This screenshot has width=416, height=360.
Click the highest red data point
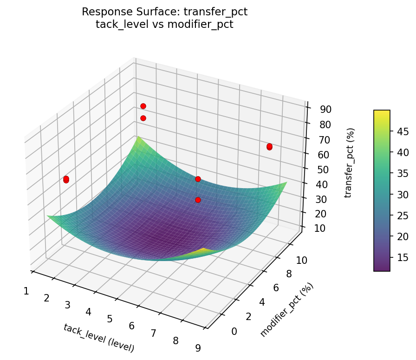[143, 106]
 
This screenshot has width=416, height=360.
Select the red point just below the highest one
[143, 118]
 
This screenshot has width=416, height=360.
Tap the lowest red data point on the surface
[198, 200]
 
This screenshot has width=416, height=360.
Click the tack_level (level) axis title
[98, 338]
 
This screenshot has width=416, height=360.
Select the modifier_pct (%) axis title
[286, 309]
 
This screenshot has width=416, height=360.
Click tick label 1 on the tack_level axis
[26, 291]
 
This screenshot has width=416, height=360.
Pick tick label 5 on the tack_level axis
[110, 319]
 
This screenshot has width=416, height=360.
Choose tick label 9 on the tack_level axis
[198, 348]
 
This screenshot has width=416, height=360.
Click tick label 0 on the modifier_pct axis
[234, 331]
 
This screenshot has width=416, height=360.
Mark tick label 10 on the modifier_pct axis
[301, 261]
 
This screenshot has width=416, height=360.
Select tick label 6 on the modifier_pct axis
[276, 288]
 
